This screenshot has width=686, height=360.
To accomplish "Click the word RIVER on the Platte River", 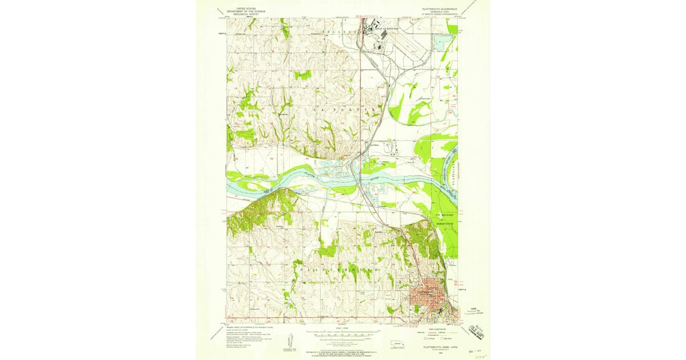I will pos(374,179).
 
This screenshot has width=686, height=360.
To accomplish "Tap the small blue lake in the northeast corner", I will pos(441,42).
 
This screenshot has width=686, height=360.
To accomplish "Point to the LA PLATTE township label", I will pos(343,109).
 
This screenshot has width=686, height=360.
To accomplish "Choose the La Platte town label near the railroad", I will pos(374,145).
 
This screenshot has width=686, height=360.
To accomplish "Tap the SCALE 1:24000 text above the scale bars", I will pos(342,328).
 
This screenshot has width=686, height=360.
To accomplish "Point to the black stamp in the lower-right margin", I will pos(476,330).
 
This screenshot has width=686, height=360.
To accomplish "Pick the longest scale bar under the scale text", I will pos(343,332).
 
